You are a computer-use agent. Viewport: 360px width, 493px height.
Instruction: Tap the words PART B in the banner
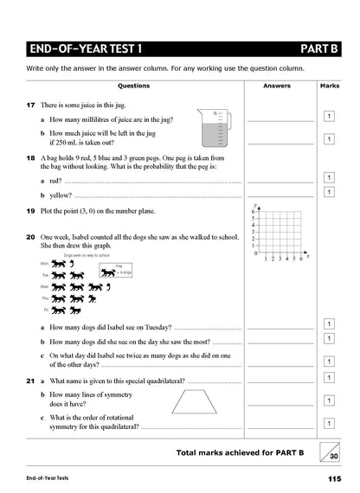318,48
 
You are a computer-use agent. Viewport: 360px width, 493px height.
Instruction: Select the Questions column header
133,86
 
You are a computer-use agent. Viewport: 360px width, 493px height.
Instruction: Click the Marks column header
329,86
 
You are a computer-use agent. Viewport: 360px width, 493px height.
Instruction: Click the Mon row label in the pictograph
44,263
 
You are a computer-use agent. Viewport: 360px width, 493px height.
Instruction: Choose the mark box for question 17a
329,116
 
